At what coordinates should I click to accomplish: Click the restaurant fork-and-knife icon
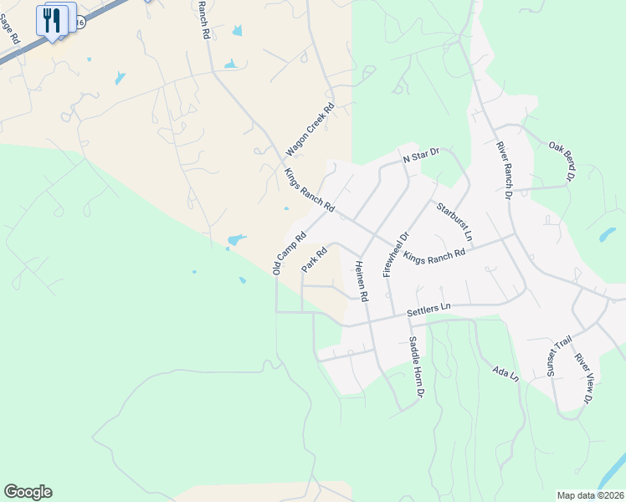tap(52, 20)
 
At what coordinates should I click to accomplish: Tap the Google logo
tap(28, 492)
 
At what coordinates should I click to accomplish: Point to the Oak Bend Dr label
tap(562, 160)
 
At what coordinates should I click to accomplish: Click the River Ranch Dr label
tap(503, 171)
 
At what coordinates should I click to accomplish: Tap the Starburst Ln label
tap(453, 221)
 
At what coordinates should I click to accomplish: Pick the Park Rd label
tap(314, 259)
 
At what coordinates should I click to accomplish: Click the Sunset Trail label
tap(558, 356)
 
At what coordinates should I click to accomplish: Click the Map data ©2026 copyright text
tap(590, 494)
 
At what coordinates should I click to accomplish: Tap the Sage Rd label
tap(10, 28)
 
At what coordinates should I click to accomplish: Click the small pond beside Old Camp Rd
tap(236, 240)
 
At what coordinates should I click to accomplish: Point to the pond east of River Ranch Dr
tap(608, 234)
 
